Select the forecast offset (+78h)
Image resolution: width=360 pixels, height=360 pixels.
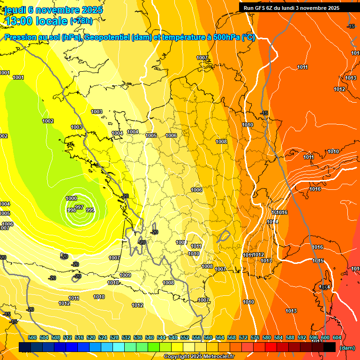81,21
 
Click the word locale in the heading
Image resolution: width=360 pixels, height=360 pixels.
51,21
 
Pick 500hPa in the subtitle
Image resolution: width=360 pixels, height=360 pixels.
226,37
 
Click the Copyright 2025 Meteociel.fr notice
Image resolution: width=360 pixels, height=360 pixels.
199,357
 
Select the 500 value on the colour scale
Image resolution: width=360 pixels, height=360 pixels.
32,337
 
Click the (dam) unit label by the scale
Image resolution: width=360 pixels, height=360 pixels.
347,348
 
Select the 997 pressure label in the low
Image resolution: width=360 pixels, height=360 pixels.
79,207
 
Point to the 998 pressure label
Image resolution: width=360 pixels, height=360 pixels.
72,210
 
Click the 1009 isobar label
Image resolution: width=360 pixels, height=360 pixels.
125,275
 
